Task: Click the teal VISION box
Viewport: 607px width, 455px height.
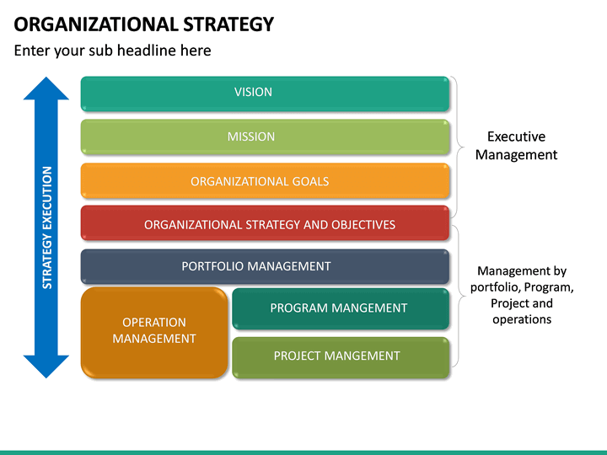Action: (x=265, y=93)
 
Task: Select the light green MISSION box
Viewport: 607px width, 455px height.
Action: (x=265, y=136)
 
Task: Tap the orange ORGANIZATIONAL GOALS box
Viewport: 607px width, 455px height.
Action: (x=265, y=181)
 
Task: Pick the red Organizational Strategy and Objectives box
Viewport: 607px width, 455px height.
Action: (x=265, y=224)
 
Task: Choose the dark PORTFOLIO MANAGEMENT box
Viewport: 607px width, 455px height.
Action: (x=265, y=266)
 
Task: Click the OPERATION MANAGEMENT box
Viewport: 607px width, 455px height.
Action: (x=154, y=330)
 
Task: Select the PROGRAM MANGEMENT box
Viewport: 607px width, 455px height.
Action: (x=340, y=308)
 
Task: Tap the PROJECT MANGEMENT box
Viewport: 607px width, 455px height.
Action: (x=340, y=356)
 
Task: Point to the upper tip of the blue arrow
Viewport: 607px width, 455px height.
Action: (x=46, y=79)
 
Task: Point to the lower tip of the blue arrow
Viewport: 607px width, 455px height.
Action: (x=46, y=376)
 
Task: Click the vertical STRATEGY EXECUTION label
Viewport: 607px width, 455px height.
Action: (x=47, y=227)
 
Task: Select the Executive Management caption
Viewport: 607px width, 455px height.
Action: (x=516, y=145)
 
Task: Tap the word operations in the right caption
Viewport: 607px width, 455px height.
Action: (x=522, y=319)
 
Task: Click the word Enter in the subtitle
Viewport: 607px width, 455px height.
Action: (x=32, y=51)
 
